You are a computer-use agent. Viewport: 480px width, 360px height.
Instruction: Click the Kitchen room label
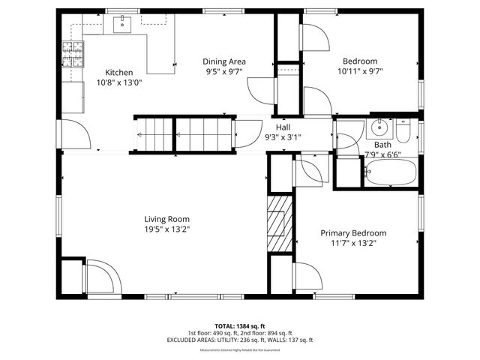118,72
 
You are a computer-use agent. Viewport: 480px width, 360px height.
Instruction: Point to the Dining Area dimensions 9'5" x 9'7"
224,72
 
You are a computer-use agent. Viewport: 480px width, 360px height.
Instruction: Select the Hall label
283,127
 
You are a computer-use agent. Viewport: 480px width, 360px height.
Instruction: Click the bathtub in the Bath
389,174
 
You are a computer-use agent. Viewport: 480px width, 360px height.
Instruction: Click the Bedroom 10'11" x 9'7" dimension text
360,72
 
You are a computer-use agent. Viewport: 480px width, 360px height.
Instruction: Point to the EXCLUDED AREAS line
240,340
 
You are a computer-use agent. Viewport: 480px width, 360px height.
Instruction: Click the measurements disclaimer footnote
240,350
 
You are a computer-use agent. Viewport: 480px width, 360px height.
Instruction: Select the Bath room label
382,145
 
